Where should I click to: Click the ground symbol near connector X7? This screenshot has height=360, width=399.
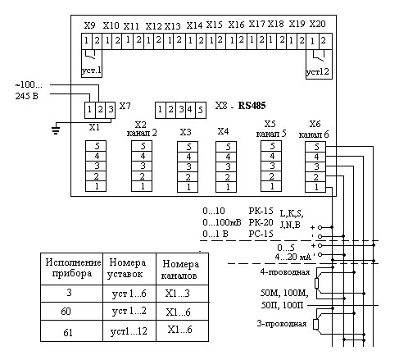(56, 130)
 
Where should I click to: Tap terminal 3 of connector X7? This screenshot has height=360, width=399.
(111, 110)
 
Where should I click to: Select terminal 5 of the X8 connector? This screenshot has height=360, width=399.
(201, 110)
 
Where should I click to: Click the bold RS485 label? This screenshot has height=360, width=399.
(252, 106)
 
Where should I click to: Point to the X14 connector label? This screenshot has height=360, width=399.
(194, 25)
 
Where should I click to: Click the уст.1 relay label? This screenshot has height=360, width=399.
(92, 71)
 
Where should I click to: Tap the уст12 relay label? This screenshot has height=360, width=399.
(318, 71)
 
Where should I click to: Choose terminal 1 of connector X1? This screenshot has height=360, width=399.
(96, 187)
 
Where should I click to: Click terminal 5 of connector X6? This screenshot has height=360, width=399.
(315, 147)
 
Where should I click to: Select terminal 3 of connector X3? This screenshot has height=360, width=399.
(188, 167)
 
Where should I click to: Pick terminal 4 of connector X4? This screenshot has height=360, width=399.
(226, 157)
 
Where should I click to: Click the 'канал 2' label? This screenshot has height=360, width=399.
(142, 133)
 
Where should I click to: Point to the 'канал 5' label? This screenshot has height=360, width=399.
(271, 134)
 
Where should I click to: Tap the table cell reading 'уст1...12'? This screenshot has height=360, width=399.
(129, 331)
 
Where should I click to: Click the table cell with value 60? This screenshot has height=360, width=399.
(66, 311)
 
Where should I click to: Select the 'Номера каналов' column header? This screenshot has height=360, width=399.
(180, 270)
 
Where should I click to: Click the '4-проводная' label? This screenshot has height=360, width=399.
(285, 272)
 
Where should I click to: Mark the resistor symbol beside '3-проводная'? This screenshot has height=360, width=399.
(316, 324)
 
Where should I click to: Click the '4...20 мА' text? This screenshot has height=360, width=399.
(293, 257)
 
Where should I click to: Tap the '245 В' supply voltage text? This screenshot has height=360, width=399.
(26, 96)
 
